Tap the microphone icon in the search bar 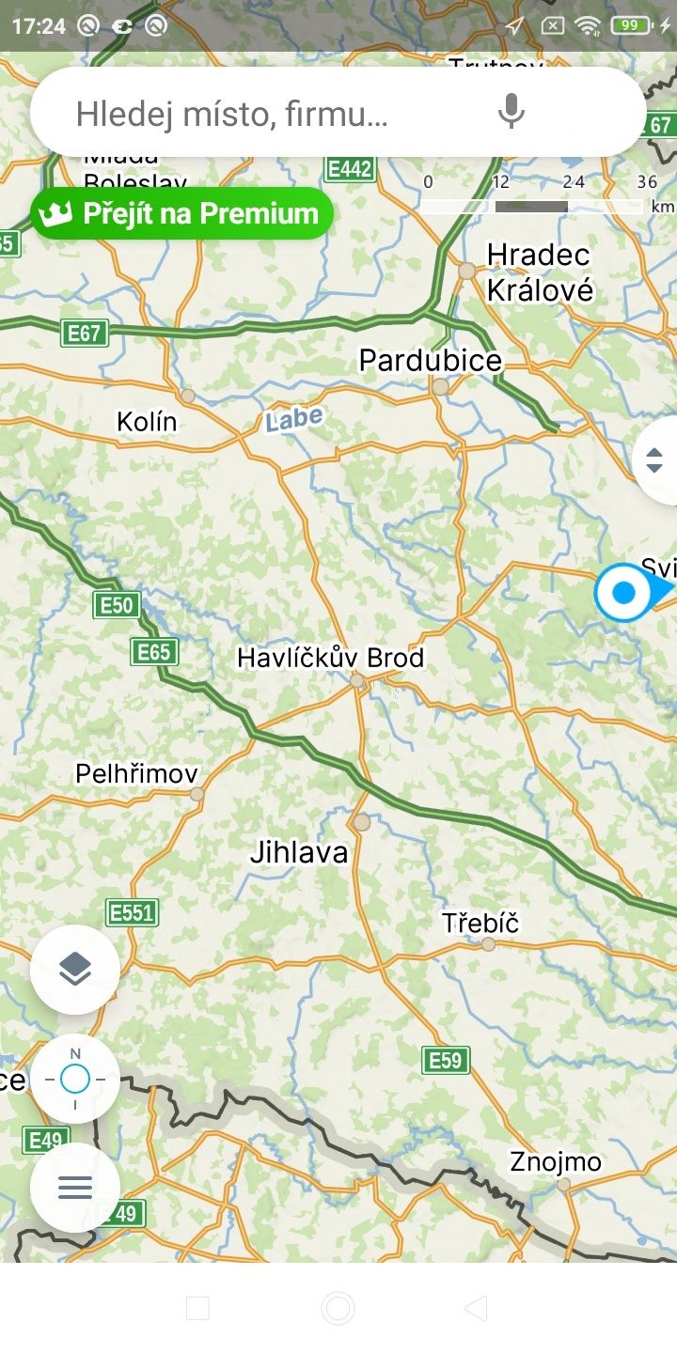[511, 113]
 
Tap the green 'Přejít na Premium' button [182, 213]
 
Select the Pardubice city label [431, 360]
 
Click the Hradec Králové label [540, 272]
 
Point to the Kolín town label [147, 422]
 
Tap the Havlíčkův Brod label [330, 658]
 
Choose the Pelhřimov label [137, 774]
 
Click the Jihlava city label [299, 852]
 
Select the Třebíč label [480, 923]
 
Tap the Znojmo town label [556, 1162]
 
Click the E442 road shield [350, 169]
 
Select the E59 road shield [446, 1060]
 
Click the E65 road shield [154, 652]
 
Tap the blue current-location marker [623, 593]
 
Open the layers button [75, 969]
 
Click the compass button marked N [75, 1079]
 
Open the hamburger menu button [75, 1188]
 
